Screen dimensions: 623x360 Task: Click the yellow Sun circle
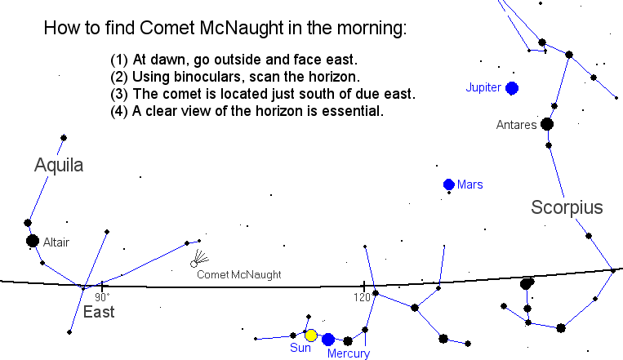[x=311, y=336]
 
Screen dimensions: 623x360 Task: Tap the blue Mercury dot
[x=328, y=340]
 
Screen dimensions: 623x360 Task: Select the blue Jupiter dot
[x=512, y=88]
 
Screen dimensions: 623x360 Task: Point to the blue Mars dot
[x=449, y=184]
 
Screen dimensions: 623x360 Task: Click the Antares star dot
[x=547, y=124]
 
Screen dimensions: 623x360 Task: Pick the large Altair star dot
[x=33, y=241]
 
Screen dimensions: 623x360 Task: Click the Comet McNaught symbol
[x=199, y=258]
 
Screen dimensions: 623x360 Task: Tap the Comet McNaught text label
[x=239, y=274]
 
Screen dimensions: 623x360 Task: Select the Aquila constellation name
[x=59, y=165]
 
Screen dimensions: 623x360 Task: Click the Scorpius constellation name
[x=567, y=207]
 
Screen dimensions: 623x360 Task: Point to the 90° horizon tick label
[x=102, y=297]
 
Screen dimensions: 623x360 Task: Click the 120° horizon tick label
[x=363, y=297]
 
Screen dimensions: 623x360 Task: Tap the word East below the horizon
[x=99, y=312]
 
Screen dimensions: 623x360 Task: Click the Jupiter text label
[x=483, y=88]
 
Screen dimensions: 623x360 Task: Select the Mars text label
[x=470, y=184]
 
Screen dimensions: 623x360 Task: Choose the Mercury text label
[x=349, y=353]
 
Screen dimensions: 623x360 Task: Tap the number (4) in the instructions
[x=119, y=111]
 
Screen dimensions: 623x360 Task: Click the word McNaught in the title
[x=242, y=29]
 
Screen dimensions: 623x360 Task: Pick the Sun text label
[x=300, y=348]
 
